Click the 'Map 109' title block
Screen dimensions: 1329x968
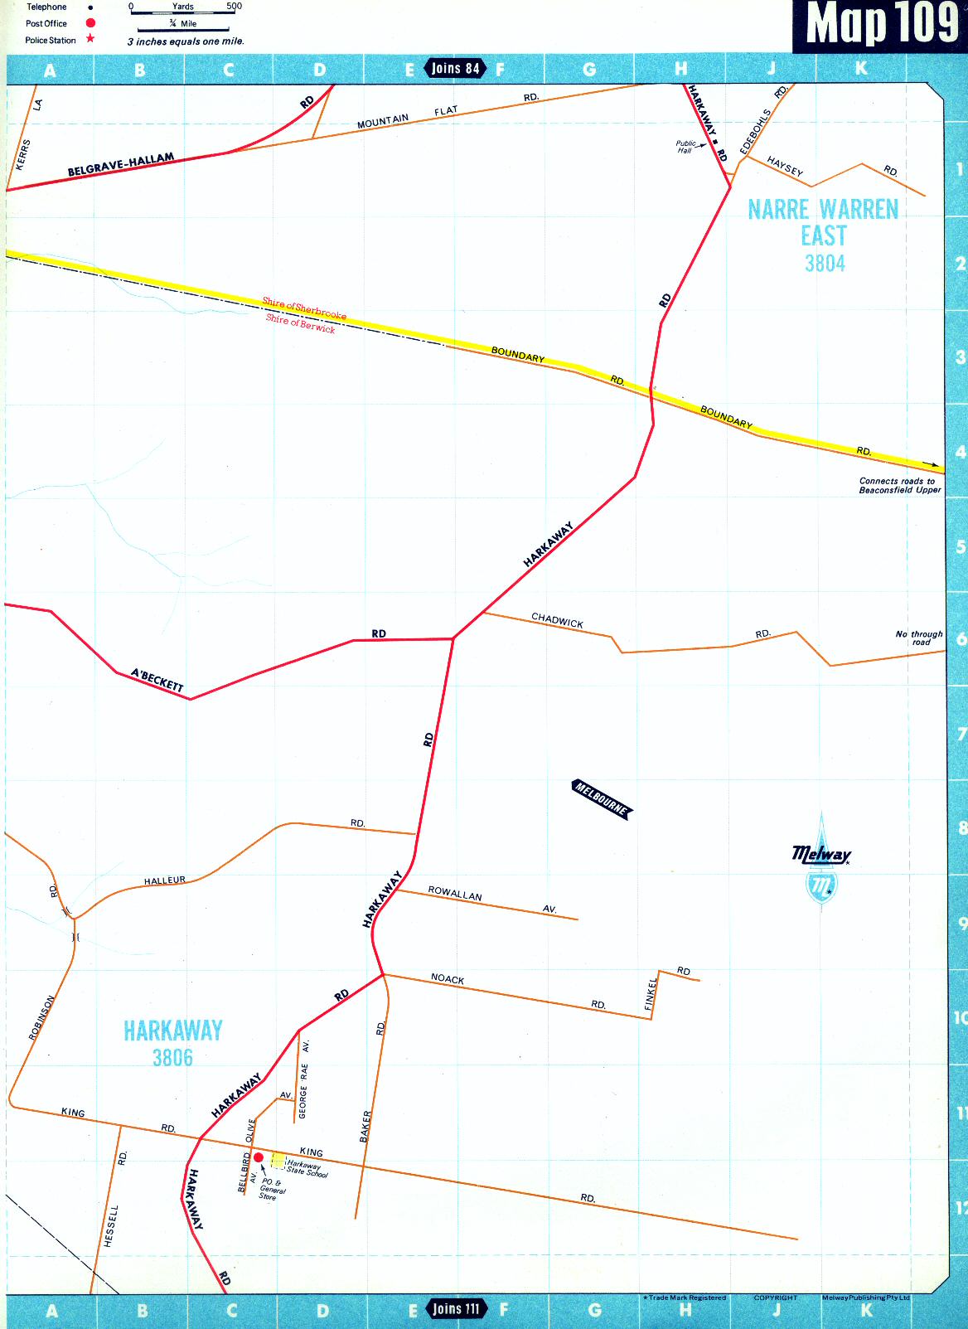pos(880,25)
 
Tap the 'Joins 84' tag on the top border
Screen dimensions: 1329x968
pos(455,68)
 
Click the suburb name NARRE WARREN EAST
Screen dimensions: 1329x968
pos(823,222)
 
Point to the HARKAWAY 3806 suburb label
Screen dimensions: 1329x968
pos(172,1043)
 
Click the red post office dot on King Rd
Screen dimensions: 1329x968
pos(259,1157)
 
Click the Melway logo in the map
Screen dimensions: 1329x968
pos(821,862)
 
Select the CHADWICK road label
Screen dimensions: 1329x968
pos(557,620)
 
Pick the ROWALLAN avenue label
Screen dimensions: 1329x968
pos(455,894)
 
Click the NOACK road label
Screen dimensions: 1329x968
pos(448,979)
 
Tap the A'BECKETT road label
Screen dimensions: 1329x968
pos(157,680)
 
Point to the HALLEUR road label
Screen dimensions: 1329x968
pos(165,880)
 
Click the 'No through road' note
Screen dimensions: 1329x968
pos(919,638)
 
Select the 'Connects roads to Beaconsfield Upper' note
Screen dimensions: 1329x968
pos(899,485)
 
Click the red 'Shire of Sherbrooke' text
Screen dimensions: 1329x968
pos(304,308)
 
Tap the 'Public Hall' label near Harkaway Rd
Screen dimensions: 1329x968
pos(685,147)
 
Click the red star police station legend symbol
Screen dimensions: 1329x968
pos(90,39)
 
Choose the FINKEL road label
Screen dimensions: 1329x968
pos(651,992)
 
